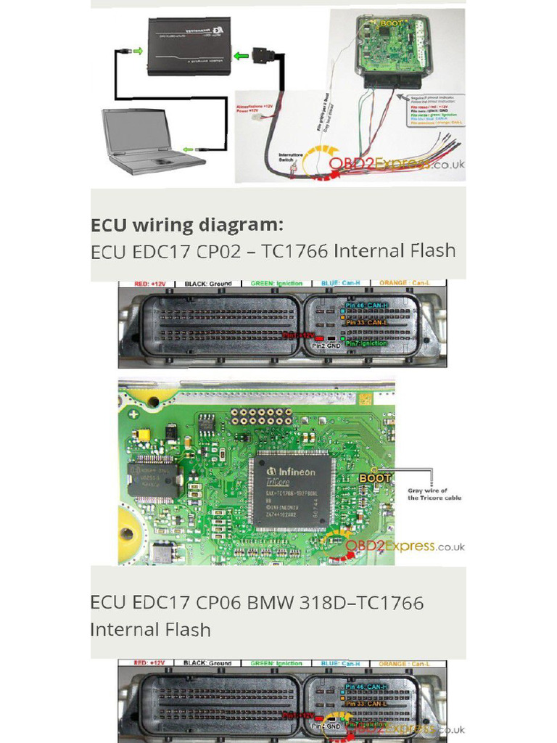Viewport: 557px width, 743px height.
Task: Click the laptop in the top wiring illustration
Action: coord(149,141)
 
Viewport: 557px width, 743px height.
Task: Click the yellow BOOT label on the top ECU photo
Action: coord(391,23)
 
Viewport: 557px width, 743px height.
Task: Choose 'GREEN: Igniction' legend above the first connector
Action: coord(276,284)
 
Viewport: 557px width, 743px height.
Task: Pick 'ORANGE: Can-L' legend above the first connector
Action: coord(403,284)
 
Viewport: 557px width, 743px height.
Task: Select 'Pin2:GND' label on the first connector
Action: coord(326,346)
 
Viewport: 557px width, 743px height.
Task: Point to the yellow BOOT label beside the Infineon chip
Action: coord(375,478)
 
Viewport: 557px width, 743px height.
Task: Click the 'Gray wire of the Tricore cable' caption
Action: coord(434,494)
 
